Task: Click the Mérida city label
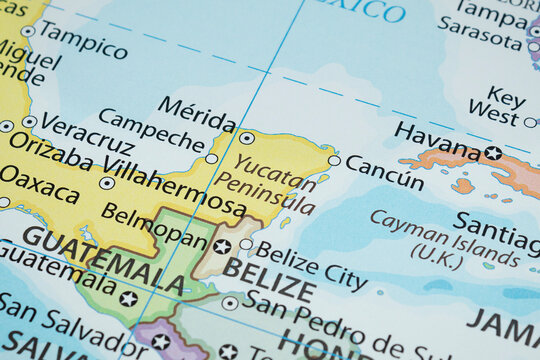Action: tap(197, 110)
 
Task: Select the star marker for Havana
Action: tap(493, 153)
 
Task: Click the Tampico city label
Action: tap(83, 39)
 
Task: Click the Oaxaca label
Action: tap(39, 184)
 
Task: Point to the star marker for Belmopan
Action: tap(222, 246)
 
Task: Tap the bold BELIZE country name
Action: tap(269, 279)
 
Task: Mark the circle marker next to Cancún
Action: tap(334, 160)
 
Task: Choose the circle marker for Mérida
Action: tap(247, 138)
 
